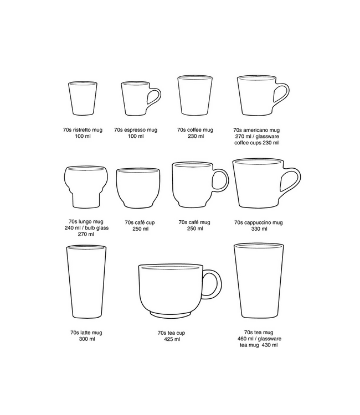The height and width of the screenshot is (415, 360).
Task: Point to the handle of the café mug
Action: pyautogui.click(x=226, y=180)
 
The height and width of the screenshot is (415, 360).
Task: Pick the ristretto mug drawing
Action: pyautogui.click(x=83, y=98)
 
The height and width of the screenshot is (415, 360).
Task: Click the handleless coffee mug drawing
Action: pyautogui.click(x=195, y=96)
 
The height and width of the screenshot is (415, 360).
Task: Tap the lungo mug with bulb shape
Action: pyautogui.click(x=86, y=187)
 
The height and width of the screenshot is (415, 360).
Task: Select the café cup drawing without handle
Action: pyautogui.click(x=138, y=188)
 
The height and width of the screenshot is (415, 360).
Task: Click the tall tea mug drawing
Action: pyautogui.click(x=259, y=281)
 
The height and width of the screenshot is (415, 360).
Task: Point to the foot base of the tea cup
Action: pyautogui.click(x=171, y=314)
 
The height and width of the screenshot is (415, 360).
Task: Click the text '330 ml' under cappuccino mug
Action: pyautogui.click(x=259, y=229)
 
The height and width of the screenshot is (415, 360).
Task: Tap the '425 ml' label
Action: pyautogui.click(x=172, y=339)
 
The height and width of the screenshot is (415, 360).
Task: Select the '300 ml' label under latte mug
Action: pyautogui.click(x=87, y=339)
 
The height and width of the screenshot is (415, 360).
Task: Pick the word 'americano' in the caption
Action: pyautogui.click(x=256, y=130)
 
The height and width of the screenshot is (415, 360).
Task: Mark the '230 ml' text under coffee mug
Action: pyautogui.click(x=196, y=136)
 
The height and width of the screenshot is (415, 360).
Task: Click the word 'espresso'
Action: pyautogui.click(x=135, y=130)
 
